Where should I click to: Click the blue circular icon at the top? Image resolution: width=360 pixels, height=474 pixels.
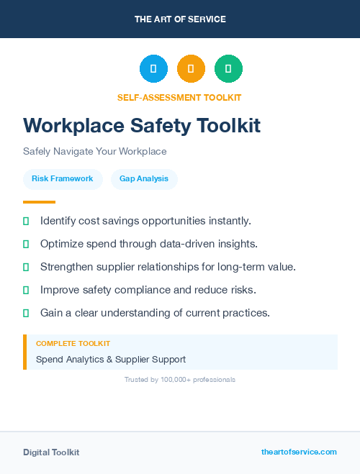pyautogui.click(x=153, y=69)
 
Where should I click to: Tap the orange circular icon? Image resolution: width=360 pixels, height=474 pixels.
pyautogui.click(x=191, y=69)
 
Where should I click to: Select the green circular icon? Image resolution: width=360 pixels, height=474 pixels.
pyautogui.click(x=228, y=69)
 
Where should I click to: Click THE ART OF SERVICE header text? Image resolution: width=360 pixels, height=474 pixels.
pyautogui.click(x=180, y=19)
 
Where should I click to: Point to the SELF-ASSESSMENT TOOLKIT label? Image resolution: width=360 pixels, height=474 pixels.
pyautogui.click(x=179, y=97)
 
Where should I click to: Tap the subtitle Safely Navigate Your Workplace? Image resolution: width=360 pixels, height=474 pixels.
pyautogui.click(x=94, y=152)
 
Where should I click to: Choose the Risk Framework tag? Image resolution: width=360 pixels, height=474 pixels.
pyautogui.click(x=63, y=178)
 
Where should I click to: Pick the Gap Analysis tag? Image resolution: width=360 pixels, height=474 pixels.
pyautogui.click(x=144, y=178)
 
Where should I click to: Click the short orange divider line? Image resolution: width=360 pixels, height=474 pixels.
pyautogui.click(x=39, y=202)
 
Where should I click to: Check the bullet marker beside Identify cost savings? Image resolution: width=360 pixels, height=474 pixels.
pyautogui.click(x=26, y=221)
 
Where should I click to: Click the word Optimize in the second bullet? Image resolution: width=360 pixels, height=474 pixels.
pyautogui.click(x=62, y=244)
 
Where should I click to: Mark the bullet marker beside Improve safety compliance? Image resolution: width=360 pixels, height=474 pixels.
pyautogui.click(x=26, y=290)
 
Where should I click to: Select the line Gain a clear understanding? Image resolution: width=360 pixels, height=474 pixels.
pyautogui.click(x=155, y=313)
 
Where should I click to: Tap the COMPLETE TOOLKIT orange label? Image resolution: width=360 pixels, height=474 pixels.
pyautogui.click(x=73, y=344)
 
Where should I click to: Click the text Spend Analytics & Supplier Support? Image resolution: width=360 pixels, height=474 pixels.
pyautogui.click(x=111, y=359)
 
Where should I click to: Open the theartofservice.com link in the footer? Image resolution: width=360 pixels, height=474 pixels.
pyautogui.click(x=299, y=452)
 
